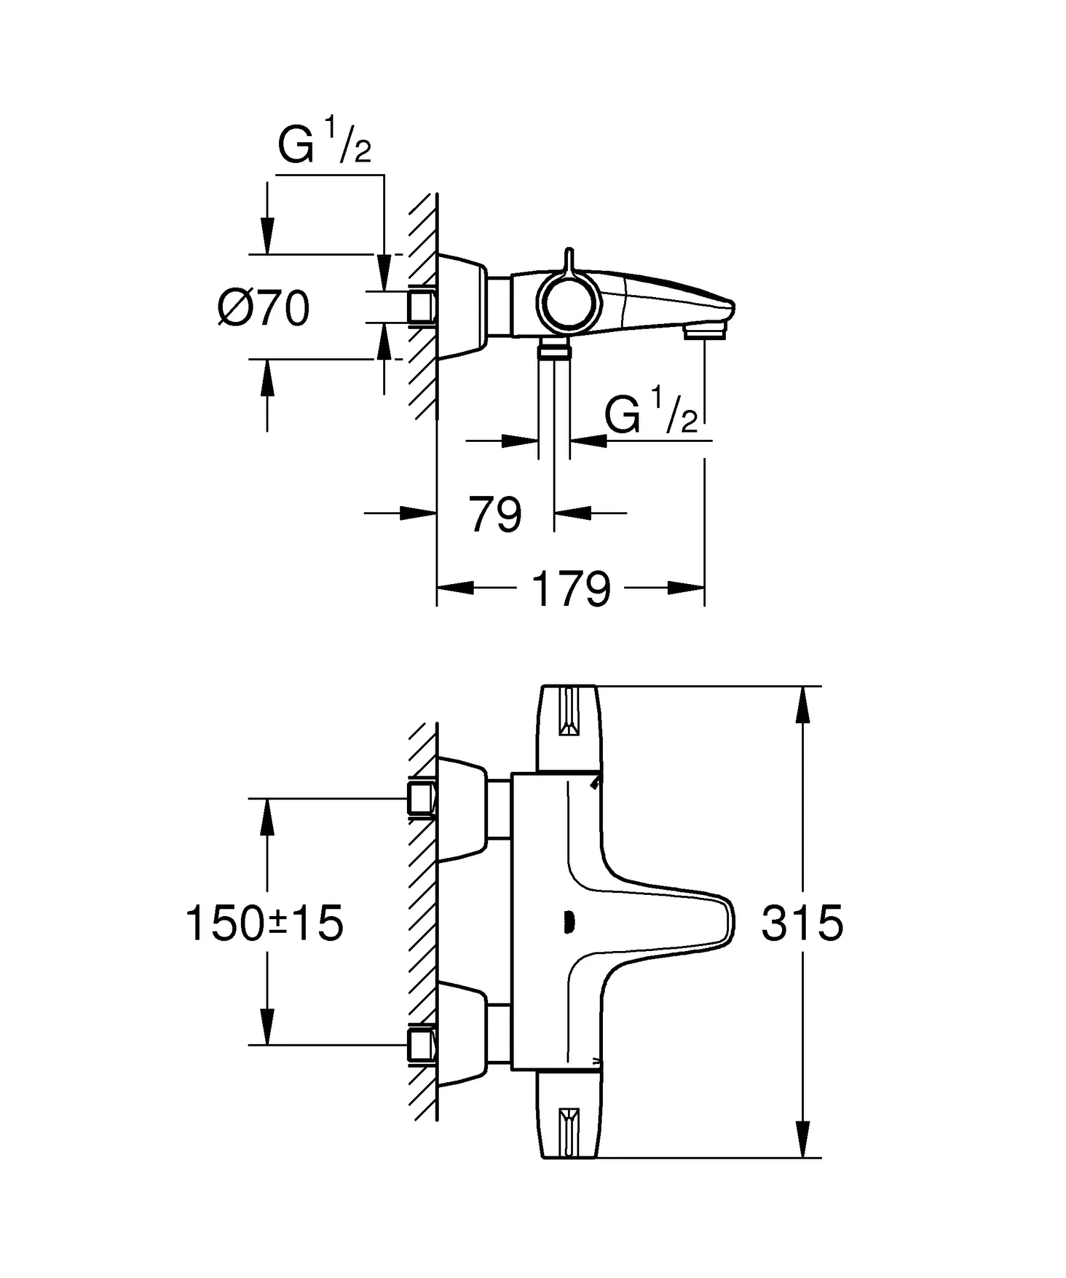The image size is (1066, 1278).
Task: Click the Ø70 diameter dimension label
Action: [x=263, y=308]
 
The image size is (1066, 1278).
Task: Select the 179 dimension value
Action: [x=570, y=589]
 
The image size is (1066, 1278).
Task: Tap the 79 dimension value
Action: [x=494, y=515]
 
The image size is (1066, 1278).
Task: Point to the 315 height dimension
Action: [x=802, y=924]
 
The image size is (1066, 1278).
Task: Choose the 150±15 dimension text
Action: [x=265, y=924]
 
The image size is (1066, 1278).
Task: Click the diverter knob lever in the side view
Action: [x=567, y=262]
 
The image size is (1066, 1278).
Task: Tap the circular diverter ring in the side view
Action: [x=567, y=305]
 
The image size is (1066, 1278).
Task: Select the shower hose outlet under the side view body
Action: [x=554, y=351]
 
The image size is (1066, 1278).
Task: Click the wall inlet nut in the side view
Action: [x=422, y=306]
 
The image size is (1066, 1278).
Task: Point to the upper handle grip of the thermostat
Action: [x=569, y=728]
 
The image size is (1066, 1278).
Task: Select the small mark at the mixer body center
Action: [x=567, y=923]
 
